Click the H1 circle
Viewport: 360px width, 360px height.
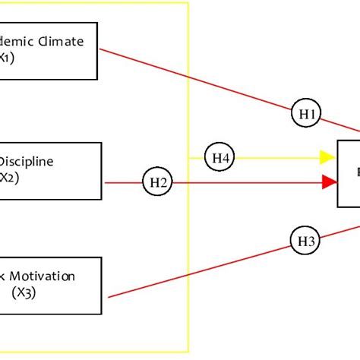pyautogui.click(x=307, y=114)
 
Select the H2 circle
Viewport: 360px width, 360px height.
pyautogui.click(x=158, y=182)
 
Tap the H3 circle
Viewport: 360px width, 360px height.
pyautogui.click(x=306, y=242)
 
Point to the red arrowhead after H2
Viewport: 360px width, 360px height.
pyautogui.click(x=329, y=182)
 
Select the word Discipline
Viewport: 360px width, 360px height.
pyautogui.click(x=26, y=161)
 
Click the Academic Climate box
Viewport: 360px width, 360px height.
pyautogui.click(x=49, y=49)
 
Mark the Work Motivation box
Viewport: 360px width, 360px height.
pyautogui.click(x=50, y=285)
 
